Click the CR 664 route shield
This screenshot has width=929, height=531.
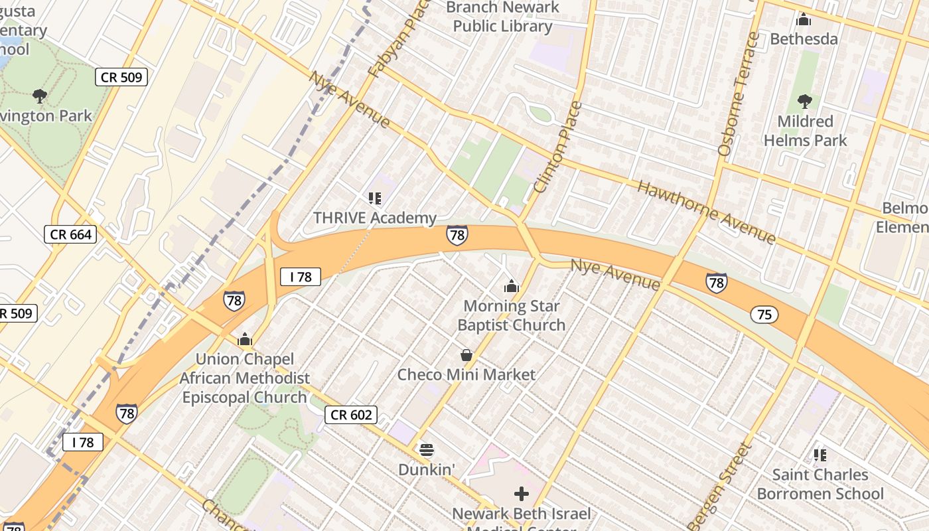(x=70, y=234)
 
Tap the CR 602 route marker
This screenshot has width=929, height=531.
(x=351, y=415)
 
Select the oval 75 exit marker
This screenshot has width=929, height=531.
(x=764, y=314)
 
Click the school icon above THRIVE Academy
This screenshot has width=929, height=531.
(x=375, y=198)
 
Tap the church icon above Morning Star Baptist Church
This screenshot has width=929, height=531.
(x=511, y=286)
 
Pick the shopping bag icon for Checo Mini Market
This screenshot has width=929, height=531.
(x=466, y=355)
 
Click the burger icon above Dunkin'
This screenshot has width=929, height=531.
(x=427, y=450)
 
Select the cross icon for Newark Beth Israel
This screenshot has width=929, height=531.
(x=522, y=494)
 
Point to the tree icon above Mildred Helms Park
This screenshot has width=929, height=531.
(x=805, y=102)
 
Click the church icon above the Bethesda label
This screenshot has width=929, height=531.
(x=804, y=19)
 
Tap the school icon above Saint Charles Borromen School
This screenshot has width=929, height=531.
(x=820, y=455)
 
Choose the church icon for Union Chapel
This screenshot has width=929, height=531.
(x=245, y=339)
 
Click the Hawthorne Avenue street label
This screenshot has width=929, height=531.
(x=706, y=211)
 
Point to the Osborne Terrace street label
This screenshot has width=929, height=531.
(x=737, y=94)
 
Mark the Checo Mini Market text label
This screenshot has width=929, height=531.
(x=466, y=374)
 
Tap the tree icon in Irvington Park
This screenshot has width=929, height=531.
(x=40, y=96)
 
